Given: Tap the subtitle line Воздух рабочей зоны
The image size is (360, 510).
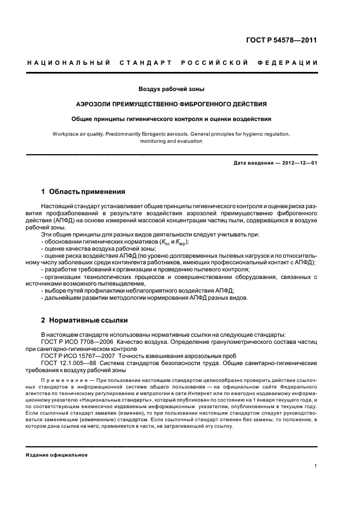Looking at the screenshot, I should pos(172,89).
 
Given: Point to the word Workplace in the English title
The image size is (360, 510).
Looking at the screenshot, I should pos(69,133).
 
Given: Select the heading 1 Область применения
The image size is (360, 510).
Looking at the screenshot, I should pos(83,192).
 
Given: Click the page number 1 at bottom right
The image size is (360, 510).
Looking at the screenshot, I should pos(316,466).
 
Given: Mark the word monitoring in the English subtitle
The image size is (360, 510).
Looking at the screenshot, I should pos(155,141).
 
